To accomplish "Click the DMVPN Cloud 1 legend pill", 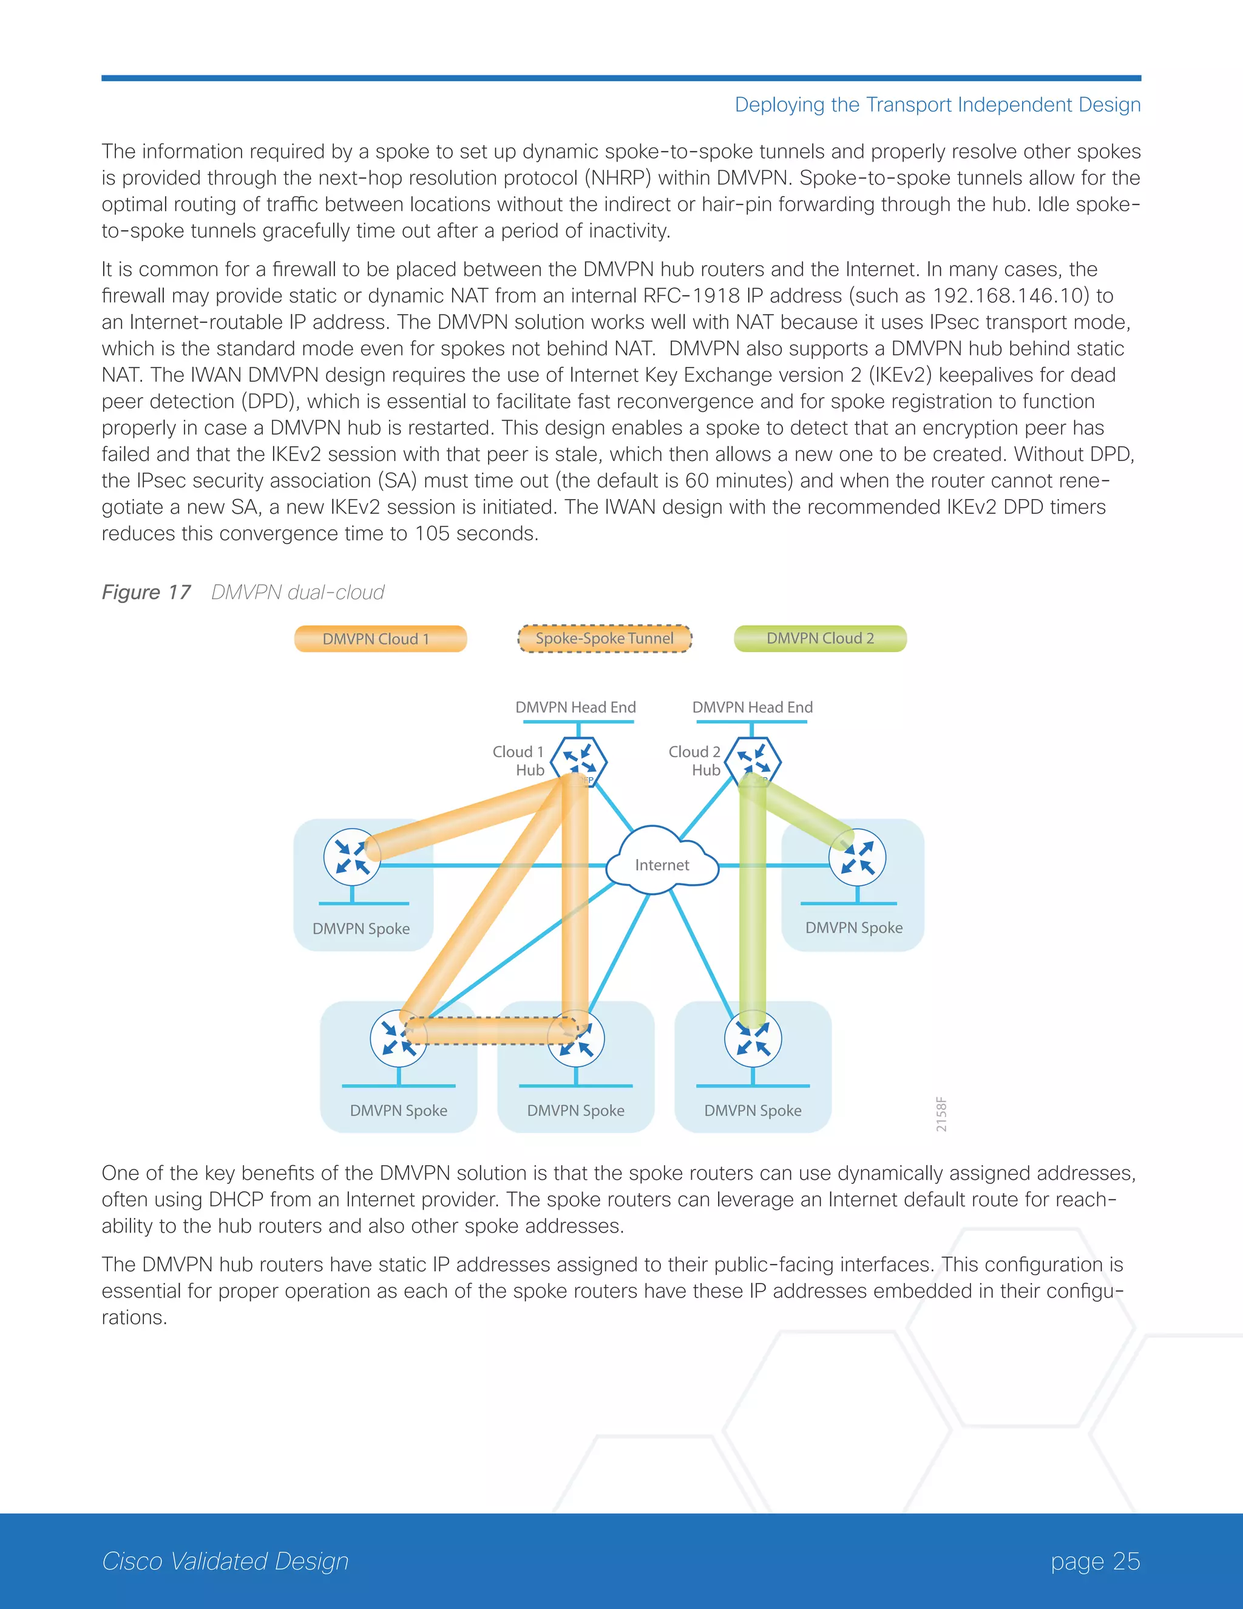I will click(380, 639).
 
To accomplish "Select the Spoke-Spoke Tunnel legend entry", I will click(605, 639).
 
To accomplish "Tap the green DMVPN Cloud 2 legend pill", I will click(821, 638).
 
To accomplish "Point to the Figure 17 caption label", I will click(146, 593).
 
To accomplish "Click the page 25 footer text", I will click(1095, 1560).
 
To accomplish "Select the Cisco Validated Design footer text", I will click(225, 1560).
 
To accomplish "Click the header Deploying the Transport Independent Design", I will click(937, 104).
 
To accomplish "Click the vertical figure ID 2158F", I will click(941, 1115).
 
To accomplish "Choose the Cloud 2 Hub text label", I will click(695, 761).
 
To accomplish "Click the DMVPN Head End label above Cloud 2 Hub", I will click(752, 707).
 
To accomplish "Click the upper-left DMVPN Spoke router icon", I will click(352, 857).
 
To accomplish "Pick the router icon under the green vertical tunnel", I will click(753, 1039).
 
